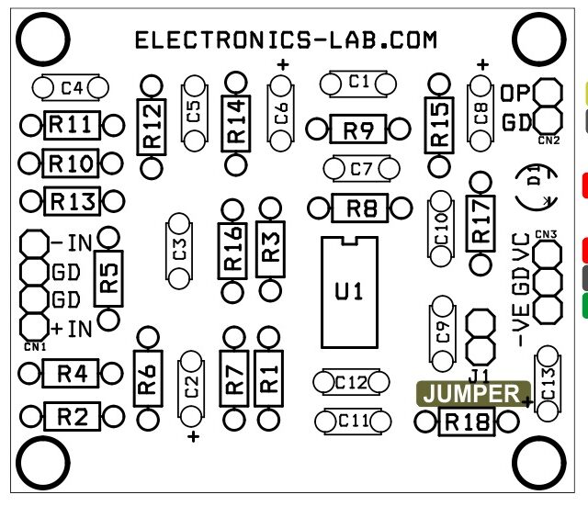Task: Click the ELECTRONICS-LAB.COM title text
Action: point(286,40)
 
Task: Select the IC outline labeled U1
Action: point(349,291)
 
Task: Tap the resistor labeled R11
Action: point(70,125)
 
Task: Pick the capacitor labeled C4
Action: point(71,88)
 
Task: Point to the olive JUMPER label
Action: point(472,393)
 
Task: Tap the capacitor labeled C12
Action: point(353,381)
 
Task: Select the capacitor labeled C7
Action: point(360,169)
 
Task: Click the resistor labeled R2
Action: point(72,416)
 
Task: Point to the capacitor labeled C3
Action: point(179,249)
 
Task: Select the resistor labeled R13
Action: point(71,201)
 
